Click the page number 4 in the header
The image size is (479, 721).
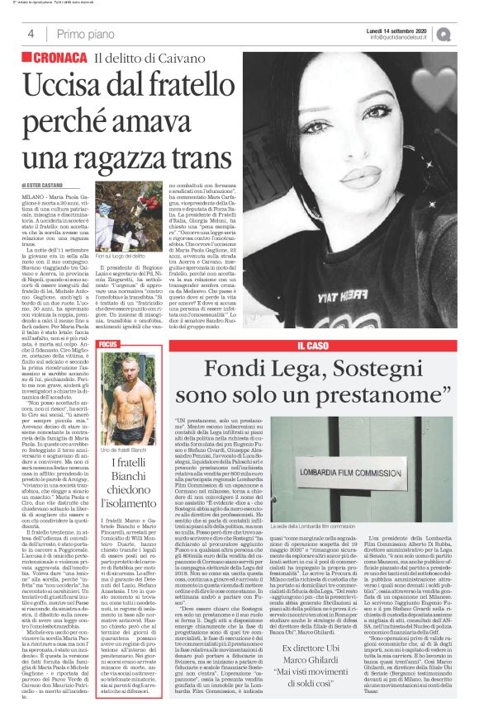tap(31, 33)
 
